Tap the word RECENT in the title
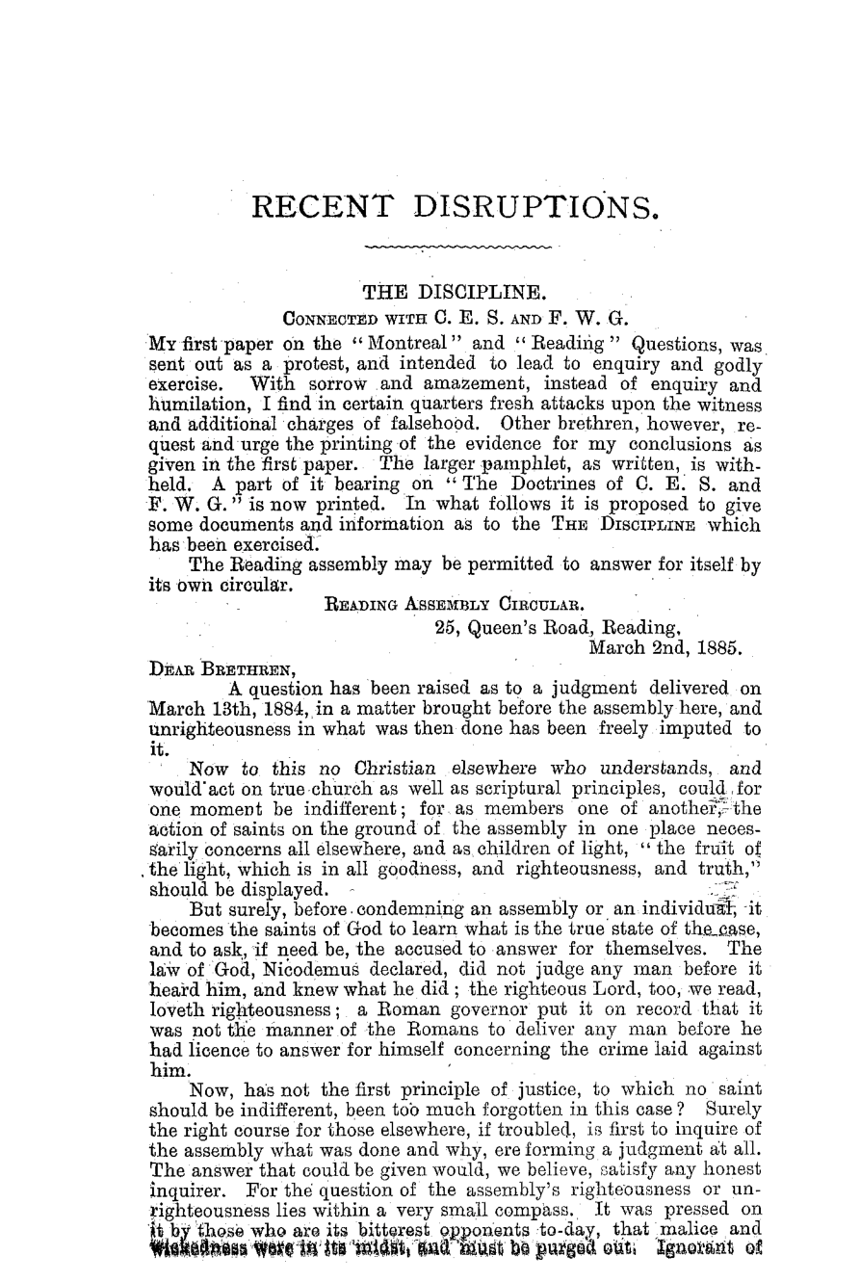323,208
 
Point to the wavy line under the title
458,248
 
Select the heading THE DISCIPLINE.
454,292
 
